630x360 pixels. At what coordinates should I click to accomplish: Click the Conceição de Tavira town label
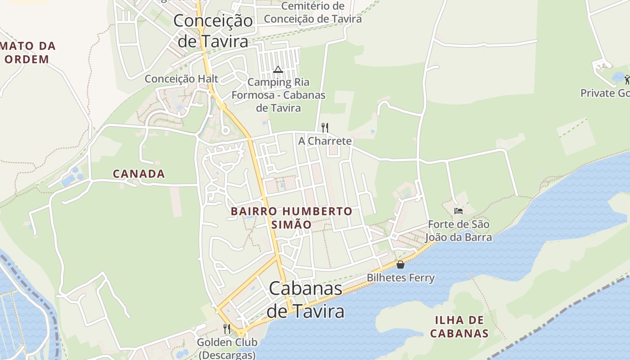pos(213,31)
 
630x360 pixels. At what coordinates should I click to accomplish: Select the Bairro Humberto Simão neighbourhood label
pos(291,218)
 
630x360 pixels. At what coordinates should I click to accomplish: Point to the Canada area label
pos(139,174)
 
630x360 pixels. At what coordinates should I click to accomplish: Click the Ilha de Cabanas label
pos(459,327)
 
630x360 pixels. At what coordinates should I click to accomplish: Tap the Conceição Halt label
pos(181,79)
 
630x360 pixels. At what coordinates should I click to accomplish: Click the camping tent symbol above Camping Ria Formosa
pos(278,69)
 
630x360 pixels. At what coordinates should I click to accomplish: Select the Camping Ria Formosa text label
pos(279,95)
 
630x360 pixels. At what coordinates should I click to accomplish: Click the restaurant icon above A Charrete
pos(324,128)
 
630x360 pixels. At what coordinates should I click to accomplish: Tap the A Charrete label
pos(325,141)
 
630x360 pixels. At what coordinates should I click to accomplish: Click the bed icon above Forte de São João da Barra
pos(459,211)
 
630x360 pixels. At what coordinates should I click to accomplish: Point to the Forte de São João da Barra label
pos(459,230)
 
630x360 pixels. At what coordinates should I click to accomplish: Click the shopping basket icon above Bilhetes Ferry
pos(400,265)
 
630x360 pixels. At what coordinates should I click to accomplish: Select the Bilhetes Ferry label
pos(400,278)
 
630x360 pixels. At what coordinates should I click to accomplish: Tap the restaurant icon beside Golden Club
pos(227,329)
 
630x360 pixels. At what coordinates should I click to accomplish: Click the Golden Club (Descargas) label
pos(227,348)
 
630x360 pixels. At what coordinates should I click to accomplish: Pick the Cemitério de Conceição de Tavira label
pos(313,13)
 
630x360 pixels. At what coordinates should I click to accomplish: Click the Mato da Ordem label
pos(28,52)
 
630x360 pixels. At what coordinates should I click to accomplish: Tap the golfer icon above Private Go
pos(627,80)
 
